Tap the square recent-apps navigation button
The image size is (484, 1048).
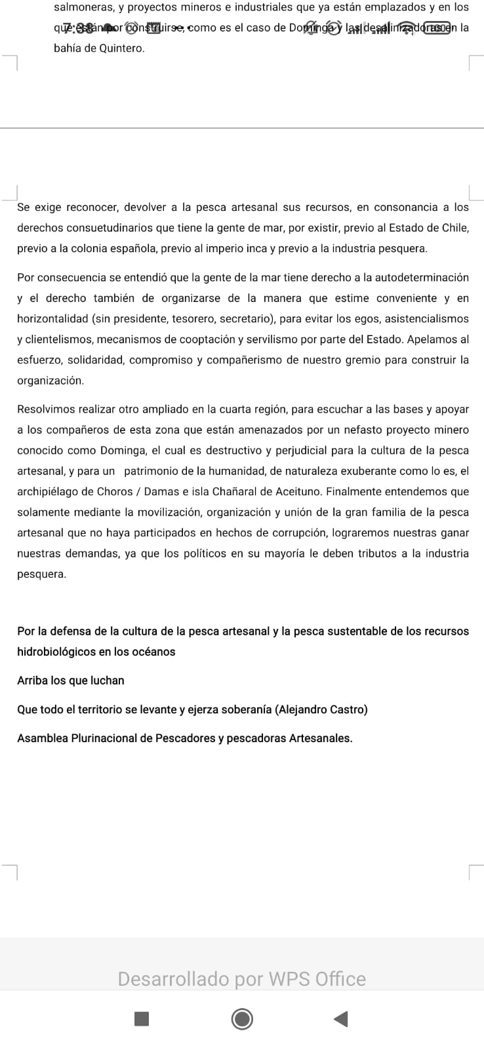142,1019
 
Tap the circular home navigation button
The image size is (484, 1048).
242,1019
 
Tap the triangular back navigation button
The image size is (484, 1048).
340,1019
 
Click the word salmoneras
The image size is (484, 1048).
83,8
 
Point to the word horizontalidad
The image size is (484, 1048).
52,319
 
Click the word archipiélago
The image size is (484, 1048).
47,491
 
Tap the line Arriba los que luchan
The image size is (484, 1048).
71,681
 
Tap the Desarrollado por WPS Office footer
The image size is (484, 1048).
242,979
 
